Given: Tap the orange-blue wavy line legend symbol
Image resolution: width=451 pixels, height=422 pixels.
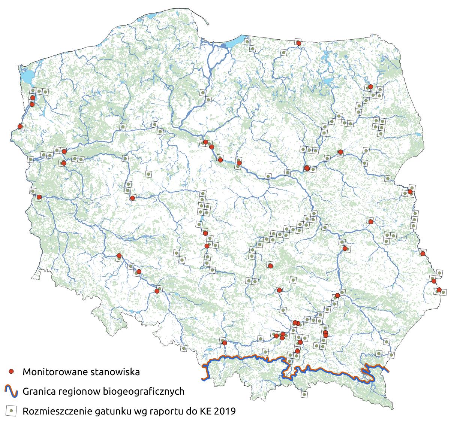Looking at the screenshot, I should click(x=12, y=391).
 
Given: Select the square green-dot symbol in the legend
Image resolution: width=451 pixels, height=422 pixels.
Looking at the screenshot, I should click(x=12, y=411).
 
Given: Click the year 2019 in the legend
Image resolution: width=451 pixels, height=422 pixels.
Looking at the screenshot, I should click(x=225, y=412).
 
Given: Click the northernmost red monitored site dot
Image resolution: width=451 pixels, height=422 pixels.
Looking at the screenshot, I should click(x=299, y=43).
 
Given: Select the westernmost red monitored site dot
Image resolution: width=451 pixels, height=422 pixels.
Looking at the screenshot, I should click(x=20, y=127).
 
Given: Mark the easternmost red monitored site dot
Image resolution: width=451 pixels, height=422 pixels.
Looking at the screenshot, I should click(x=439, y=290).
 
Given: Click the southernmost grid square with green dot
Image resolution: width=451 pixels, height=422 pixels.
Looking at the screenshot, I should click(x=304, y=394).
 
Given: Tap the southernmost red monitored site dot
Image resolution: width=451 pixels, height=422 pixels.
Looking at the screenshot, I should click(x=297, y=351).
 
